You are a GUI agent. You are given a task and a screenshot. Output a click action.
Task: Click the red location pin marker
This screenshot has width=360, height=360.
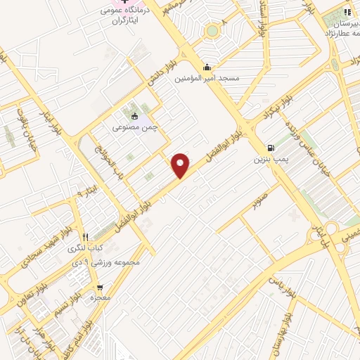[181, 165]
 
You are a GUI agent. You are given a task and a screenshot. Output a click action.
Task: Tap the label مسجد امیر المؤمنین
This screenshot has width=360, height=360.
[207, 78]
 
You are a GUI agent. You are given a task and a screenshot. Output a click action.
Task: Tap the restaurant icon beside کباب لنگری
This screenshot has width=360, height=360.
[85, 237]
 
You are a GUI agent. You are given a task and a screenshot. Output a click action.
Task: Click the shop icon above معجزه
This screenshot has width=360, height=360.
[101, 287]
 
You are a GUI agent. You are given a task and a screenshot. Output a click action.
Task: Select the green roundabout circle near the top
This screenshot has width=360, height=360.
[212, 31]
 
